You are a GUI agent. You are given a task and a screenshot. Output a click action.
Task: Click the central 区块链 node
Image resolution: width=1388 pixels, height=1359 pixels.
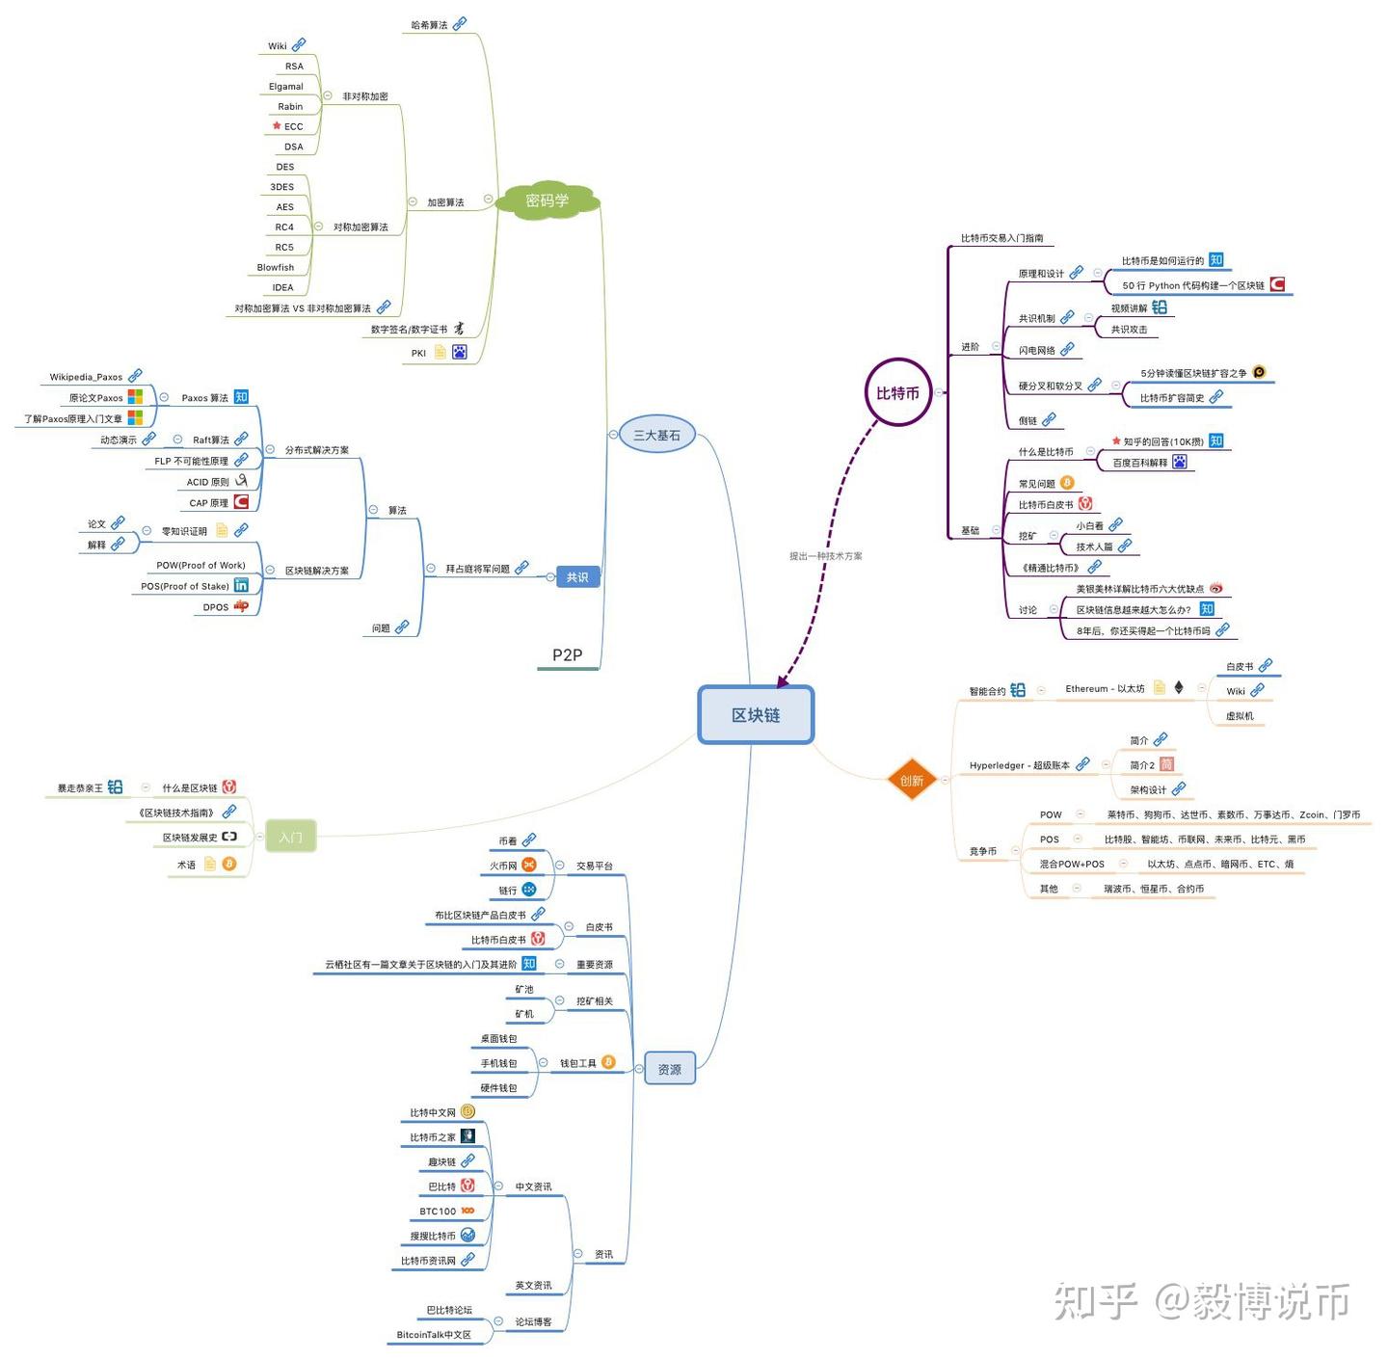click(756, 715)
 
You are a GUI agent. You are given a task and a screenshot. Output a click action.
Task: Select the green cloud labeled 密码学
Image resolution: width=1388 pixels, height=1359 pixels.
click(547, 200)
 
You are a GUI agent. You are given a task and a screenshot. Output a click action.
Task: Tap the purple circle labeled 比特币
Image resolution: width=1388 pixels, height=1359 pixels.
click(897, 393)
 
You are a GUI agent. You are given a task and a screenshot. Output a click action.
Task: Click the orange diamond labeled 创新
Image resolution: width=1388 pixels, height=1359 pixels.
click(911, 781)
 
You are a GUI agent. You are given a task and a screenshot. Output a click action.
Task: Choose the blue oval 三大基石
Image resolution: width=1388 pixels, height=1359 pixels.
click(656, 436)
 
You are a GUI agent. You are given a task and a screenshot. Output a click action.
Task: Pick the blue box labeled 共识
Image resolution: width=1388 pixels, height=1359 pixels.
click(577, 577)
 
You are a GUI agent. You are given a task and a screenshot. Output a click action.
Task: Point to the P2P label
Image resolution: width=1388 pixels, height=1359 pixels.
click(567, 655)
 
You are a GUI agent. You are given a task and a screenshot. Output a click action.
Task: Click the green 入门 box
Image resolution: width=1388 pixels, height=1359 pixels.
click(290, 838)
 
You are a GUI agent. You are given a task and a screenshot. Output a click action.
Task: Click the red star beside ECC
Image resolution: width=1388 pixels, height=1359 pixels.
click(277, 126)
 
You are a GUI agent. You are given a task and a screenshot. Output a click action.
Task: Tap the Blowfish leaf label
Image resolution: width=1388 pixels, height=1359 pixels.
click(276, 268)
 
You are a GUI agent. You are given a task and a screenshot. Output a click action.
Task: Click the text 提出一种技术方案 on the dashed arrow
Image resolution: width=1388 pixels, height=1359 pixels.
click(826, 556)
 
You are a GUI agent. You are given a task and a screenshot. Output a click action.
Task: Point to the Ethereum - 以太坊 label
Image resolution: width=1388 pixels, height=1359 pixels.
click(1105, 689)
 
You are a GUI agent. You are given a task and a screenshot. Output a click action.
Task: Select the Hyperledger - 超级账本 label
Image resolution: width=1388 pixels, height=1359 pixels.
click(1019, 766)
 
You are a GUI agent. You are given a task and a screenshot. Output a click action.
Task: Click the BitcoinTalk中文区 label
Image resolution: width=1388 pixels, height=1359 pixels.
click(434, 1335)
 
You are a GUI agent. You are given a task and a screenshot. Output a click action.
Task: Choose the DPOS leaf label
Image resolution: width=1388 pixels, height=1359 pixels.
click(216, 608)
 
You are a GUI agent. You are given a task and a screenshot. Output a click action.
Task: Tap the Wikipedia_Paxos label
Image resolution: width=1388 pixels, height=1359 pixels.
click(86, 378)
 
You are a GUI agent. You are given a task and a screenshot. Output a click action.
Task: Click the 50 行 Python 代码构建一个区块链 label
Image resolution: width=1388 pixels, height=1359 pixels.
click(1193, 286)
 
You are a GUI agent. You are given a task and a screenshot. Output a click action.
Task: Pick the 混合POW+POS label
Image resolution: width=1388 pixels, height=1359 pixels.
click(1072, 865)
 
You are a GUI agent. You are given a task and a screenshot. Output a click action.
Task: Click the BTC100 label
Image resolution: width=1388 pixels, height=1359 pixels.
click(438, 1212)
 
